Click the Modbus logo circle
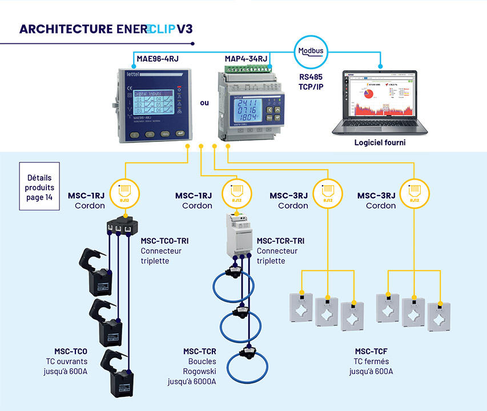311,52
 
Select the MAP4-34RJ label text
246,59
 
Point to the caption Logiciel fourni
379,143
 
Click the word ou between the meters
204,104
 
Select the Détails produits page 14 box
40,179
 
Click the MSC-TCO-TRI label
164,241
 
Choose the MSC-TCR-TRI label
280,241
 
